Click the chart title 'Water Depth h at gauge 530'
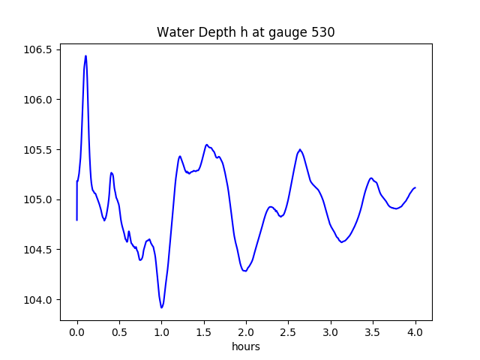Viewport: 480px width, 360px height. tap(245, 32)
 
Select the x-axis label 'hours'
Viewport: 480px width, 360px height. tap(246, 347)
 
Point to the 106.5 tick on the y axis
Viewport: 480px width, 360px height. tap(37, 49)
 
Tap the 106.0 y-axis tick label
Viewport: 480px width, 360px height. tap(37, 100)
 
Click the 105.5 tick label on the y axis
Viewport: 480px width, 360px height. tap(37, 150)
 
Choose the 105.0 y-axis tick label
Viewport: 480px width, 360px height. tap(37, 200)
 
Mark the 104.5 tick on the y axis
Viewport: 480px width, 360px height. tap(37, 250)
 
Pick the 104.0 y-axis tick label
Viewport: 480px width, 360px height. tap(37, 300)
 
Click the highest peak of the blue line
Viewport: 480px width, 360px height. tap(85, 55)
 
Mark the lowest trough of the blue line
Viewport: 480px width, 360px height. tap(161, 307)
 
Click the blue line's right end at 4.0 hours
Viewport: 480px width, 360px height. tap(415, 187)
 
